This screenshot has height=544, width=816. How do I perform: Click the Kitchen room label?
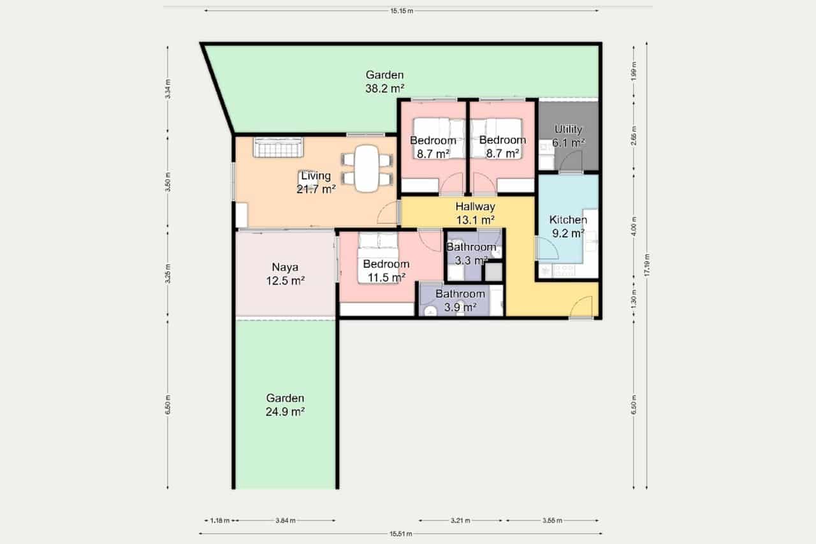pyautogui.click(x=568, y=226)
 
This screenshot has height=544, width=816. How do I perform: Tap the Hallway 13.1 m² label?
pyautogui.click(x=475, y=213)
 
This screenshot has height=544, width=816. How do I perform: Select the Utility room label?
pyautogui.click(x=568, y=136)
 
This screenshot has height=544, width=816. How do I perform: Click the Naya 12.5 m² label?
pyautogui.click(x=284, y=274)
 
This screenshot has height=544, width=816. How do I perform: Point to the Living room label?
pyautogui.click(x=316, y=182)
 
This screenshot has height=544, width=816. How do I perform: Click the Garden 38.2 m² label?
pyautogui.click(x=385, y=81)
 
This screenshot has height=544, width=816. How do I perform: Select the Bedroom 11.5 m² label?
pyautogui.click(x=386, y=270)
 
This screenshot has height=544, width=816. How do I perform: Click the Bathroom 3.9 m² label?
pyautogui.click(x=460, y=300)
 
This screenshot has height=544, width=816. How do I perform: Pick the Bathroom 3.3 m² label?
pyautogui.click(x=470, y=253)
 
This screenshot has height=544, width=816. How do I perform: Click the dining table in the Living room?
pyautogui.click(x=366, y=168)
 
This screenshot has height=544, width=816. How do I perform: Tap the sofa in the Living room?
pyautogui.click(x=279, y=147)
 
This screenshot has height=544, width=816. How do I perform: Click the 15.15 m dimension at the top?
pyautogui.click(x=401, y=11)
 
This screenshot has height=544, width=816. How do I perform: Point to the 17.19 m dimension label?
pyautogui.click(x=647, y=266)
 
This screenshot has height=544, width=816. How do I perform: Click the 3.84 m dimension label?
pyautogui.click(x=285, y=520)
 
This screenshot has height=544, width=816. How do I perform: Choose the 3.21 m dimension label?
pyautogui.click(x=460, y=520)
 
